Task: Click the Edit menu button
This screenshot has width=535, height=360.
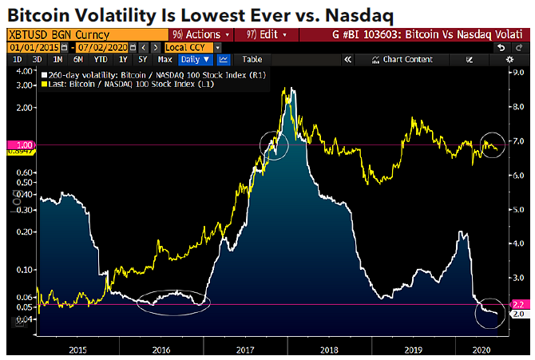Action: (267, 35)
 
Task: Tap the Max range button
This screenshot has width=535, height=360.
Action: (165, 59)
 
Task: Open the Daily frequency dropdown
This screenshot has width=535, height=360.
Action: (195, 59)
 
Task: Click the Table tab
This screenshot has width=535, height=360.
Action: (252, 59)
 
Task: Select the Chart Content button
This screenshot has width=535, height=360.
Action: (407, 59)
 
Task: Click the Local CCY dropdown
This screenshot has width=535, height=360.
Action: (192, 47)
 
